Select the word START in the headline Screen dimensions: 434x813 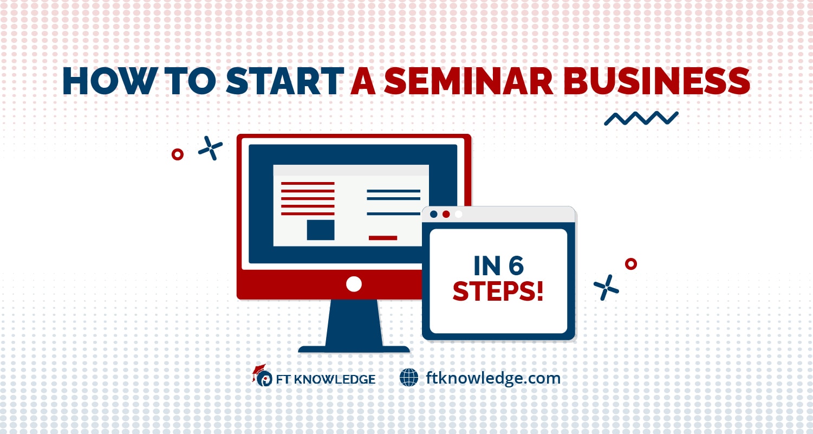pyautogui.click(x=285, y=82)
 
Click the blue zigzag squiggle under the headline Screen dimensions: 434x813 pyautogui.click(x=641, y=118)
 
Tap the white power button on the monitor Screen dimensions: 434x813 pyautogui.click(x=354, y=283)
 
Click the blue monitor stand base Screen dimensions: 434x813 pyautogui.click(x=354, y=349)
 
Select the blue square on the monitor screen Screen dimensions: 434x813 pyautogui.click(x=321, y=230)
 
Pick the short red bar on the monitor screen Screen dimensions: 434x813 pyautogui.click(x=383, y=238)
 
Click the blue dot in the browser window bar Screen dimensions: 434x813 pyautogui.click(x=433, y=214)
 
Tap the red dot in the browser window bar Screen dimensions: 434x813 pyautogui.click(x=446, y=214)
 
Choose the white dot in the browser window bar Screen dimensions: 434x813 pyautogui.click(x=459, y=214)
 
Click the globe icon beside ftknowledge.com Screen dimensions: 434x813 pyautogui.click(x=409, y=377)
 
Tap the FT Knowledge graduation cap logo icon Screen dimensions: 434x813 pyautogui.click(x=262, y=375)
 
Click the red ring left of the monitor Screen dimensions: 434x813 pyautogui.click(x=177, y=154)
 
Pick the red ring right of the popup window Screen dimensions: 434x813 pyautogui.click(x=630, y=264)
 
